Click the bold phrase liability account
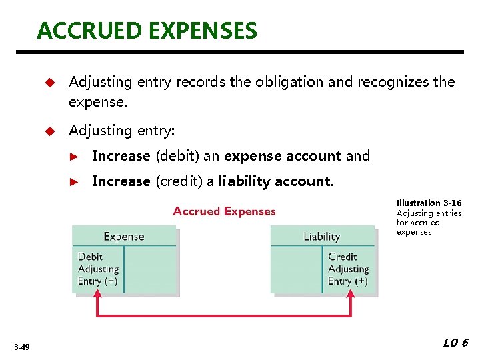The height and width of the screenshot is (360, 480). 275,181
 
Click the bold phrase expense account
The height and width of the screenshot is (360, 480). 283,156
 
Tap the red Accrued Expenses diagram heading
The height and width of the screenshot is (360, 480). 224,211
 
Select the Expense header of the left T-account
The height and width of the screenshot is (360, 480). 124,237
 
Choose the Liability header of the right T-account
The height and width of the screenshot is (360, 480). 321,237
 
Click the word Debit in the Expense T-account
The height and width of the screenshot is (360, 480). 91,257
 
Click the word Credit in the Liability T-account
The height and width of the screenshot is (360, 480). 343,257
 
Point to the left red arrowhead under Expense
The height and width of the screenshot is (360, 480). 98,297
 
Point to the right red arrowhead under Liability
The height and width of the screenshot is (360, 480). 351,297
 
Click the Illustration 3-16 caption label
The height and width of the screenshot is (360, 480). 429,203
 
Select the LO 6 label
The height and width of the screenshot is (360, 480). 456,343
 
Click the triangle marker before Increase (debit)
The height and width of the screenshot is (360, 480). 75,157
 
